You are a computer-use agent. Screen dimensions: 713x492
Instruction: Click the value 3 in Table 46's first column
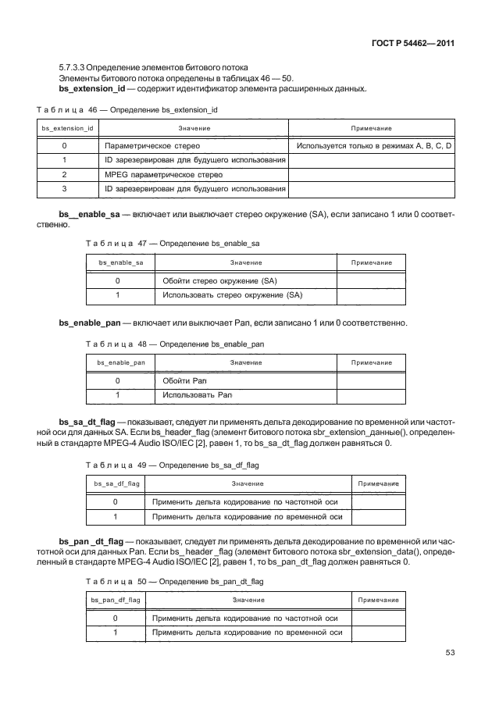coord(63,188)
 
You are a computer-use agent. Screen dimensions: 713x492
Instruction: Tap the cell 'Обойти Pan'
coord(184,380)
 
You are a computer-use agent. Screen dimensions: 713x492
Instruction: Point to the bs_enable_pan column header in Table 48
coord(120,362)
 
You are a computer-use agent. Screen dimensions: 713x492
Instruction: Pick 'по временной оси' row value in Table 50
coord(247,633)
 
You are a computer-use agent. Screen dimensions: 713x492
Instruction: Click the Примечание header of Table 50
coord(378,600)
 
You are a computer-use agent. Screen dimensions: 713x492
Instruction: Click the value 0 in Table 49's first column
coord(116,502)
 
